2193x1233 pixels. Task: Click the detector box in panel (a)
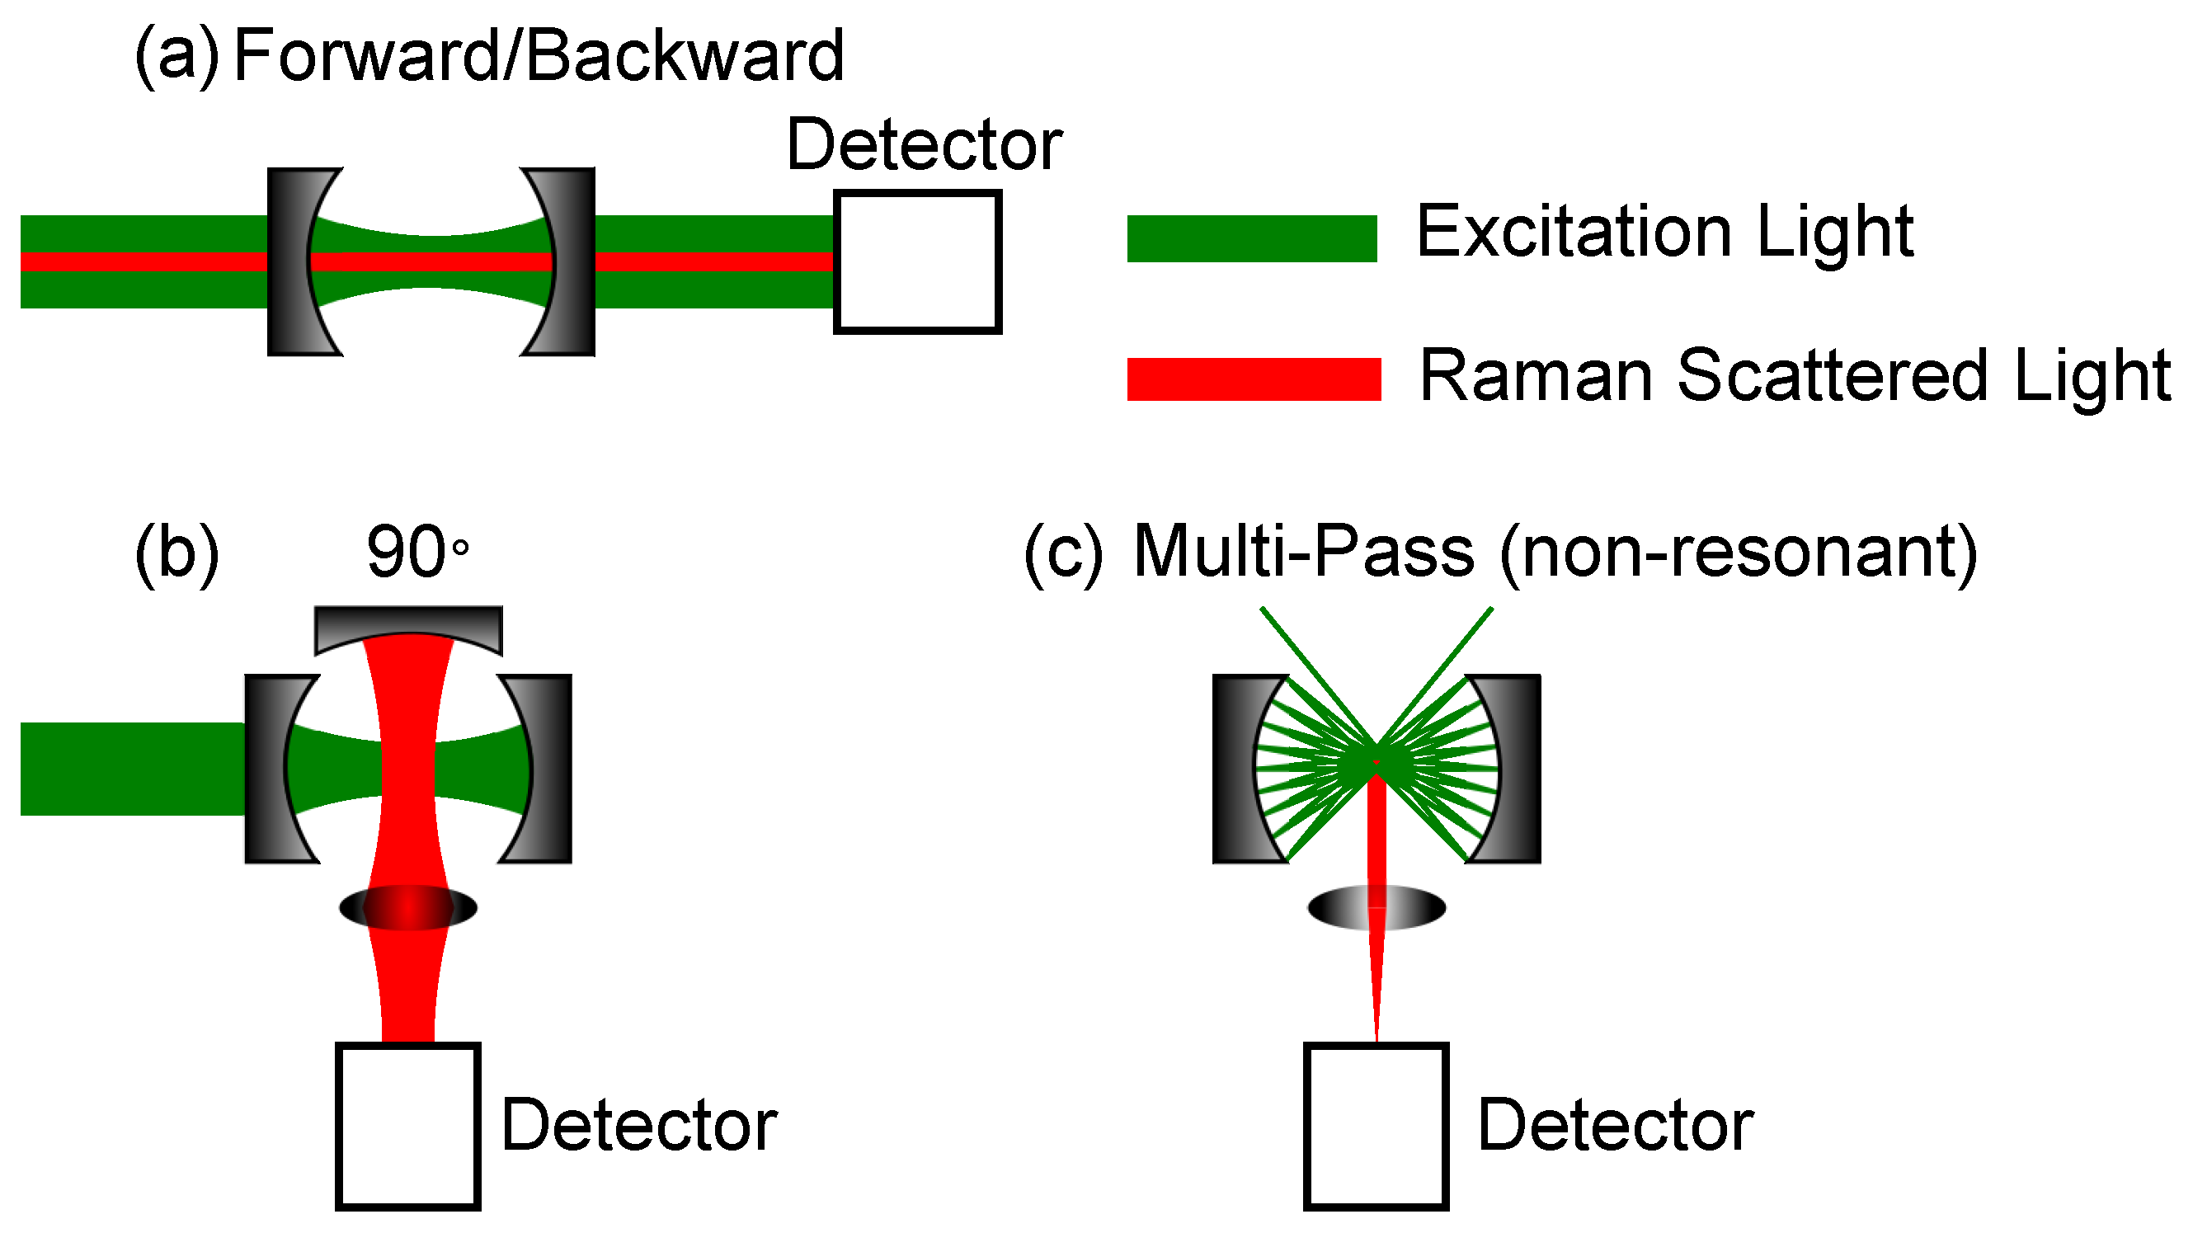pyautogui.click(x=917, y=261)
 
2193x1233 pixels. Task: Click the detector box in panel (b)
pyautogui.click(x=407, y=1125)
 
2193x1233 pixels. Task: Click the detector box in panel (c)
pyautogui.click(x=1376, y=1125)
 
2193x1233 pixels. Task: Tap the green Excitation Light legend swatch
pyautogui.click(x=1251, y=238)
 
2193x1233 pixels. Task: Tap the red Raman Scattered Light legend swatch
pyautogui.click(x=1253, y=379)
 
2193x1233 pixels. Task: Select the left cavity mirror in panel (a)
pyautogui.click(x=289, y=261)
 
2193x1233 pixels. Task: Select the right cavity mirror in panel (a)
pyautogui.click(x=572, y=261)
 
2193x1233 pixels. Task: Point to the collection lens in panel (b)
pyautogui.click(x=407, y=908)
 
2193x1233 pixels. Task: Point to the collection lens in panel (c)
pyautogui.click(x=1376, y=908)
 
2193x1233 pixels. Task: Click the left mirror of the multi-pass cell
pyautogui.click(x=1235, y=769)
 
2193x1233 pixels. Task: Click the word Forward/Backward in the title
pyautogui.click(x=538, y=56)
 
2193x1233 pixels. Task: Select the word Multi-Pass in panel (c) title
pyautogui.click(x=1303, y=552)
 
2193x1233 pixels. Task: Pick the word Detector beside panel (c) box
pyautogui.click(x=1615, y=1126)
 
